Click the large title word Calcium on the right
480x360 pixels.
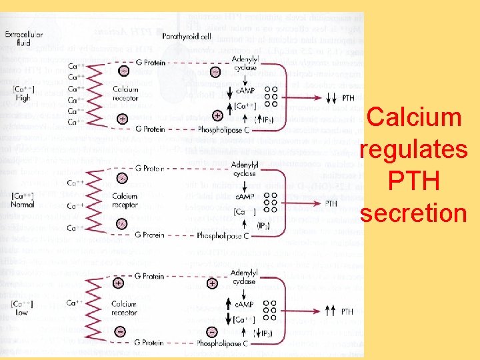(415, 117)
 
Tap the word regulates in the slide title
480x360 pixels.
(414, 149)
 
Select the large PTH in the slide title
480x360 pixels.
(414, 181)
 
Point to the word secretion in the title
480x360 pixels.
(414, 213)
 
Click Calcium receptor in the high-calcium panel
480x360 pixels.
(126, 94)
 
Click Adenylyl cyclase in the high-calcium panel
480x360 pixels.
(244, 64)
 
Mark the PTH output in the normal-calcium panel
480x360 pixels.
(331, 203)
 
